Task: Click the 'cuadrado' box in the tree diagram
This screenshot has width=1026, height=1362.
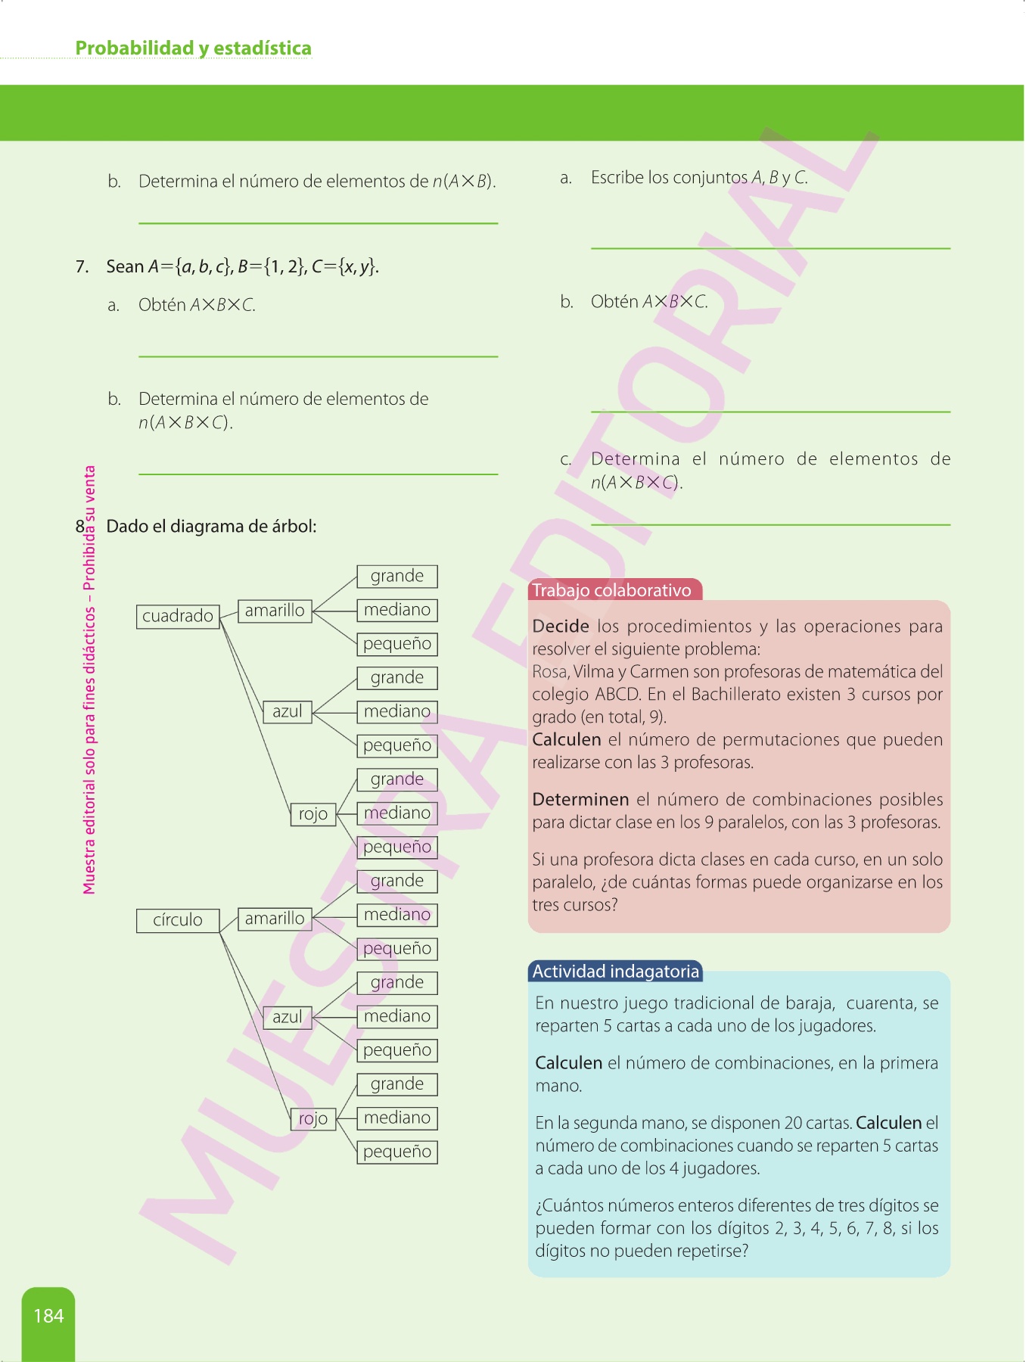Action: pyautogui.click(x=178, y=616)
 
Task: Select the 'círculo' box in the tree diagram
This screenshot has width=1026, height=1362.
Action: pyautogui.click(x=178, y=920)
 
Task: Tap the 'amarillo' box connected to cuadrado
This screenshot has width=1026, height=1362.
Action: pyautogui.click(x=274, y=611)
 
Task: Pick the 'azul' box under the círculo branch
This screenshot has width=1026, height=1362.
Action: pyautogui.click(x=287, y=1017)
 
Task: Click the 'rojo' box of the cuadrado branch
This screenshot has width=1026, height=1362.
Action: pyautogui.click(x=312, y=814)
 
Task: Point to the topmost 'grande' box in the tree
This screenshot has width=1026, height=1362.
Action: pyautogui.click(x=396, y=577)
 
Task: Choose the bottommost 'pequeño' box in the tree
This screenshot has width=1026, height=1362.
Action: pyautogui.click(x=396, y=1152)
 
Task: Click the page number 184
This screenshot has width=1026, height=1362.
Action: pyautogui.click(x=48, y=1316)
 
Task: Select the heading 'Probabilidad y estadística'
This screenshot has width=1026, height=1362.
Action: pyautogui.click(x=193, y=48)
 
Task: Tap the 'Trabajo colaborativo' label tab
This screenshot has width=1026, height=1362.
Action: pyautogui.click(x=611, y=590)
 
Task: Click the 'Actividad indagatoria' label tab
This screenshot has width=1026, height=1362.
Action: pyautogui.click(x=615, y=972)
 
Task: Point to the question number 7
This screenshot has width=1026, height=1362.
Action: pyautogui.click(x=82, y=266)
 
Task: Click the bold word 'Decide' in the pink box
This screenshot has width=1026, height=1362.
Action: pyautogui.click(x=561, y=627)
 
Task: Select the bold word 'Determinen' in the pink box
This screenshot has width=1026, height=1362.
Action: pyautogui.click(x=580, y=800)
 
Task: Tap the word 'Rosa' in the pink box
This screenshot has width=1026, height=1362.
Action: pyautogui.click(x=549, y=672)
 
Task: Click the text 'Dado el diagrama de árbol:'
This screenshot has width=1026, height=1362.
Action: pyautogui.click(x=211, y=527)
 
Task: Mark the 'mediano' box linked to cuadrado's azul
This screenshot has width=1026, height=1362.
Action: pyautogui.click(x=396, y=711)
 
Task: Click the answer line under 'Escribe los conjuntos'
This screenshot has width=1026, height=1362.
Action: pyautogui.click(x=770, y=247)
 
